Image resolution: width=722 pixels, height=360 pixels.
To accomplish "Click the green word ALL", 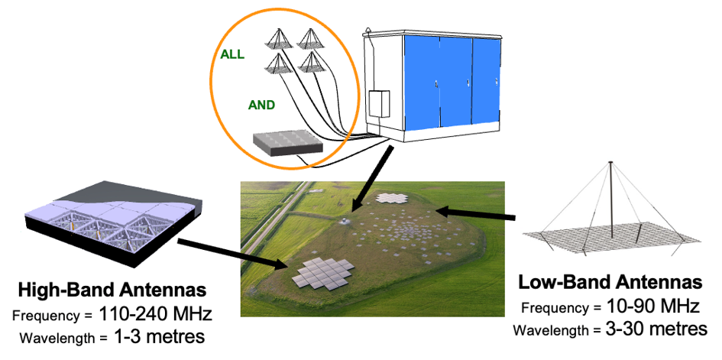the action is click(232, 55).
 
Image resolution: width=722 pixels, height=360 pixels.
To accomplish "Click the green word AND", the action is click(261, 105).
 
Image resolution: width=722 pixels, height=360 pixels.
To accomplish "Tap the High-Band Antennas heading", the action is click(112, 290).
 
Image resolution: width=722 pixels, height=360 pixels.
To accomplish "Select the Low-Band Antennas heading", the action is click(610, 282).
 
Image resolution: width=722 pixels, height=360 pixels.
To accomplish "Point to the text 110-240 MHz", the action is click(154, 315).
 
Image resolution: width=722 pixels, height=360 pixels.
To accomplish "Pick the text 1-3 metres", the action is click(158, 337).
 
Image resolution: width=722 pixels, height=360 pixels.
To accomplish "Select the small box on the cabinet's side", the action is click(379, 104).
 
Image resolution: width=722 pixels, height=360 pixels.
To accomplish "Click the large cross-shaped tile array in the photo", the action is click(322, 274).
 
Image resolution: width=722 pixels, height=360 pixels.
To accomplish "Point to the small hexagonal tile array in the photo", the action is click(392, 199).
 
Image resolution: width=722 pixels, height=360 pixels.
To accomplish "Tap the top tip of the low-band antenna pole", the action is click(610, 161).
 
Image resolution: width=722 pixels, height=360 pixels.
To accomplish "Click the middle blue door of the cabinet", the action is click(455, 82).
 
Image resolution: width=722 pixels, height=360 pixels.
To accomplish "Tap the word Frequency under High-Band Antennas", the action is click(47, 316).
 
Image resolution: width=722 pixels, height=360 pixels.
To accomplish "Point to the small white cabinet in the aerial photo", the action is click(343, 221).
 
